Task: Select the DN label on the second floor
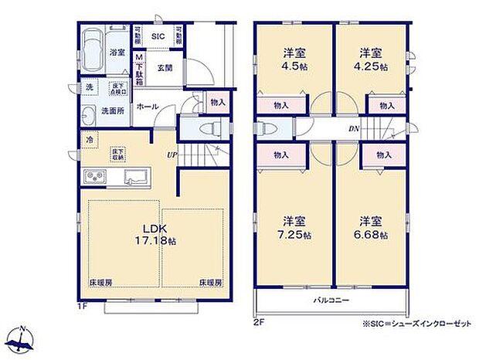click(352, 129)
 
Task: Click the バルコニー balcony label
click(331, 299)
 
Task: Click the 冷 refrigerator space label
click(90, 140)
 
